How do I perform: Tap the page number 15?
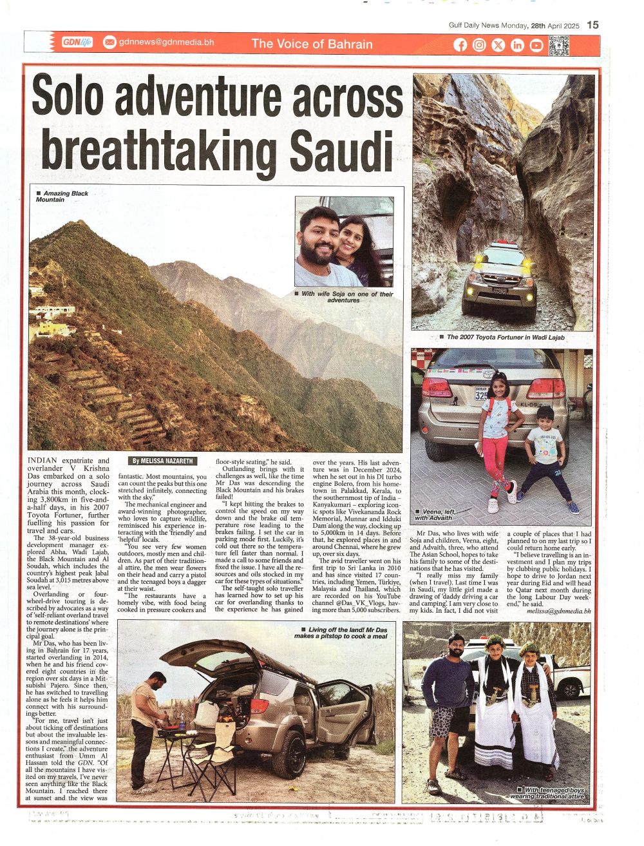(593, 24)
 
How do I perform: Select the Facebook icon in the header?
(460, 44)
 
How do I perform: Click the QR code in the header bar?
(558, 45)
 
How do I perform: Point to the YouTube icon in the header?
(536, 44)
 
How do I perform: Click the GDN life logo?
(77, 43)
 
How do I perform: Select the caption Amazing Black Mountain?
(62, 197)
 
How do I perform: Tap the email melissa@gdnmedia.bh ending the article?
(558, 610)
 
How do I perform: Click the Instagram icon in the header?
(479, 44)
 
